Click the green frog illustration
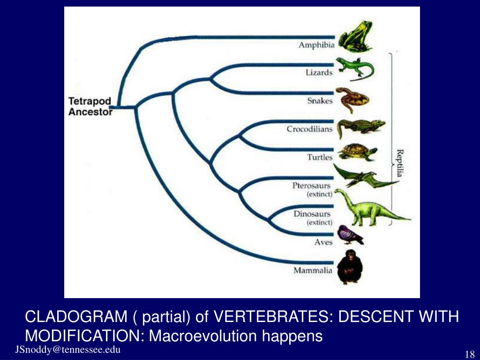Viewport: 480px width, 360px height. pos(355,37)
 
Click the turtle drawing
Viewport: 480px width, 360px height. pos(358,152)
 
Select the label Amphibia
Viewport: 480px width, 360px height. pos(316,45)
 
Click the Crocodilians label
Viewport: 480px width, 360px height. pos(309,129)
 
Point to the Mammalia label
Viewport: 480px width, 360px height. pos(313,270)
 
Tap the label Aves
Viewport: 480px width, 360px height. pos(323,242)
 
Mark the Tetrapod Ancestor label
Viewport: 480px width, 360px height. pos(90,106)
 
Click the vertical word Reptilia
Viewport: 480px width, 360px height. pos(400,163)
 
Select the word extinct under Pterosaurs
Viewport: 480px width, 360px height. pos(319,194)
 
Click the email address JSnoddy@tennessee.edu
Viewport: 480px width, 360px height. pos(68,350)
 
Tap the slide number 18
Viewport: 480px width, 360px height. pos(470,354)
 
